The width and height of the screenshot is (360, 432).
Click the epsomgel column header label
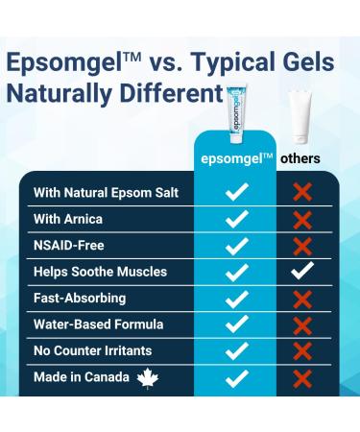236,158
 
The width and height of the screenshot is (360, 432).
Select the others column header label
301,158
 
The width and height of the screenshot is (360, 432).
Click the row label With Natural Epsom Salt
106,193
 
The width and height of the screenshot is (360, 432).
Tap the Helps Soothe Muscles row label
100,272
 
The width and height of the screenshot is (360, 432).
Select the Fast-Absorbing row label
80,299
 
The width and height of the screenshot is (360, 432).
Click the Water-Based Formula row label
98,324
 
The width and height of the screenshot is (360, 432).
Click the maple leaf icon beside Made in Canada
147,378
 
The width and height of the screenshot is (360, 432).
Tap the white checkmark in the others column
302,273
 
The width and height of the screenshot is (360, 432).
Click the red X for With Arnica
302,220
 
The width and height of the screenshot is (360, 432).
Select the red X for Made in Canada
302,378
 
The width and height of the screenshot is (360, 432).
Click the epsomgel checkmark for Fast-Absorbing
236,299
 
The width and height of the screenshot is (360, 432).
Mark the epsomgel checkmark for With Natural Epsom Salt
236,193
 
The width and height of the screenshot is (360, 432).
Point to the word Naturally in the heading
71,95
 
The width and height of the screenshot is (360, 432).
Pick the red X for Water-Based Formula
302,325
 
